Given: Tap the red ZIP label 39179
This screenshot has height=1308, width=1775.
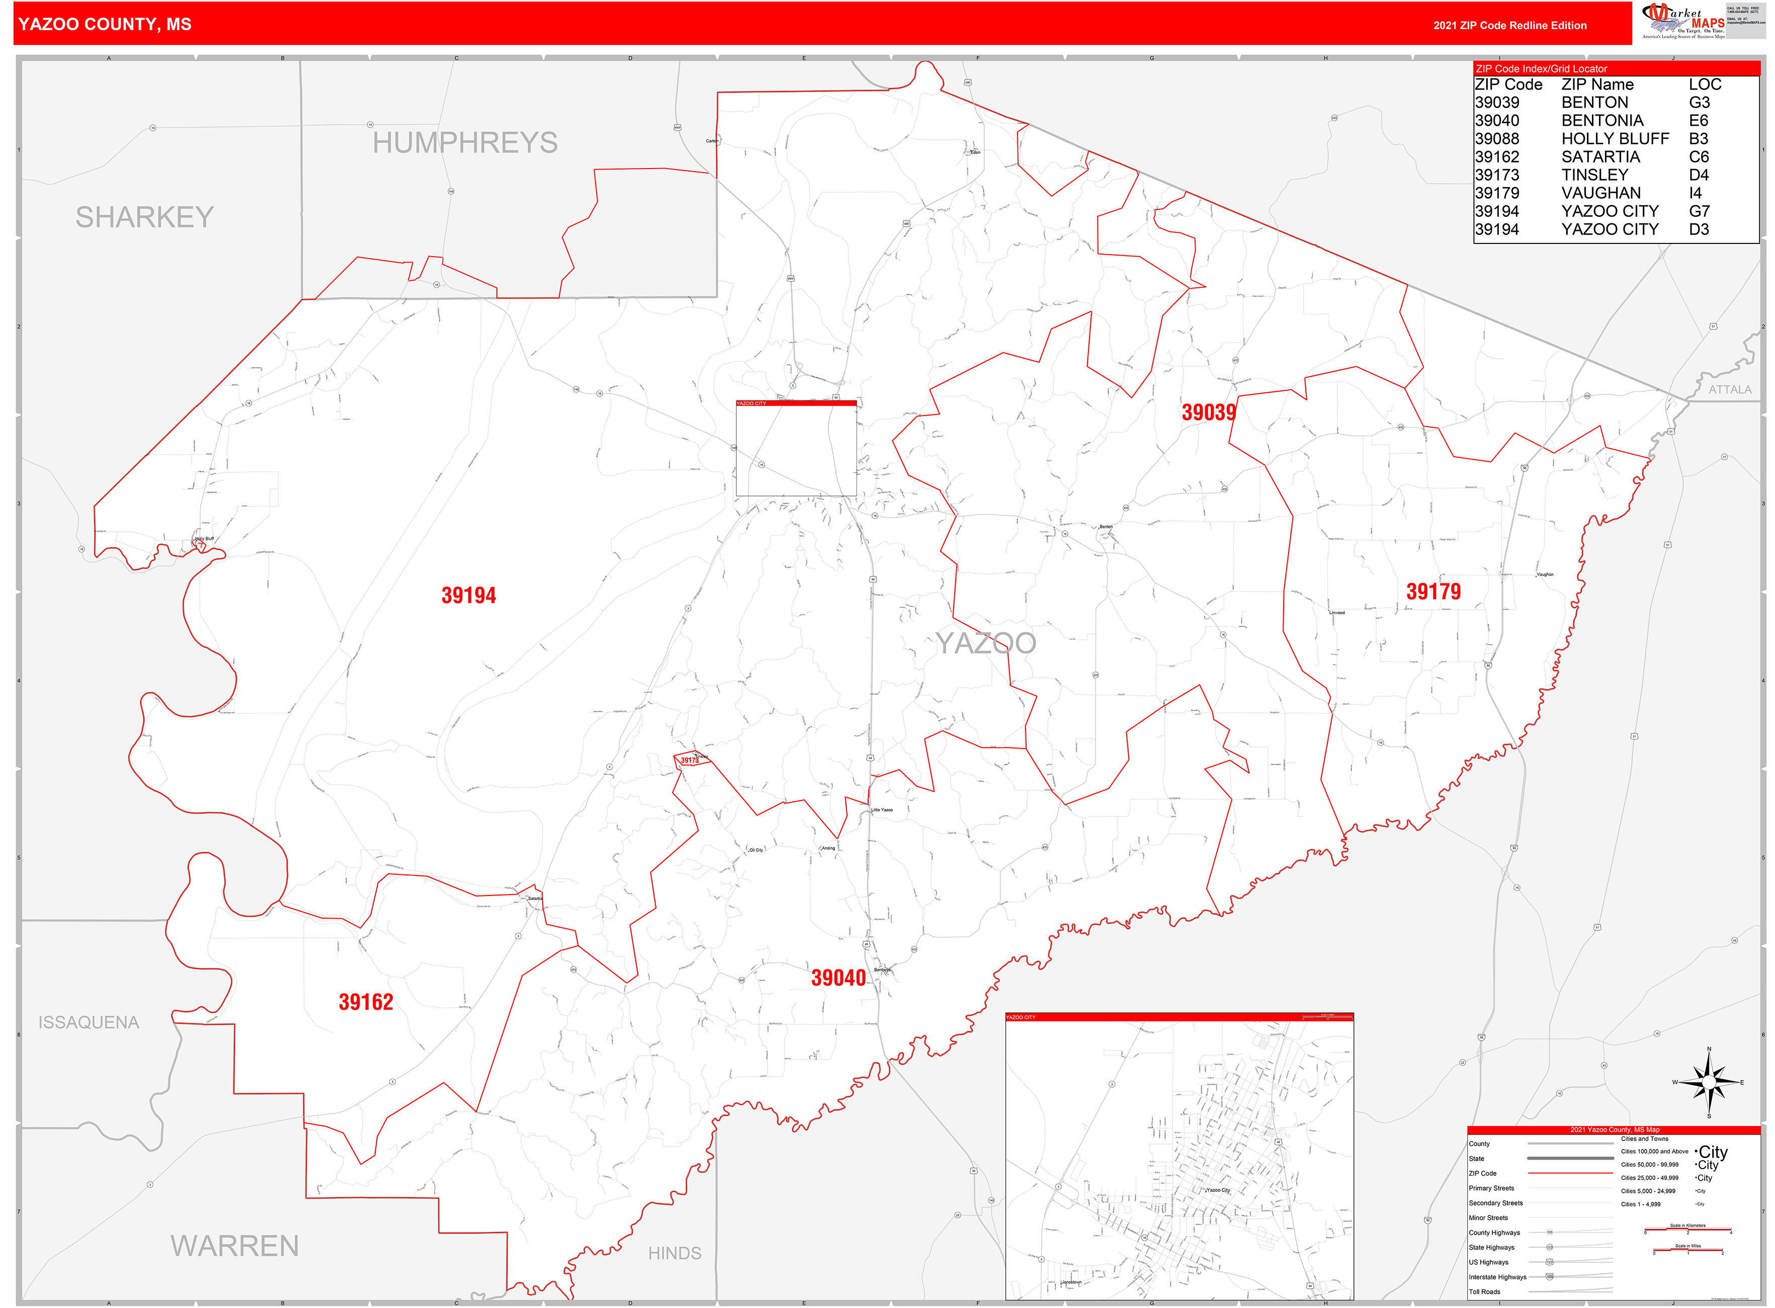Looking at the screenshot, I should tap(1433, 592).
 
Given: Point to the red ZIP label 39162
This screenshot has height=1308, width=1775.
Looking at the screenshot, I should tap(366, 1002).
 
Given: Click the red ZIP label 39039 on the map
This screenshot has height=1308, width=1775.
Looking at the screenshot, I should tap(1208, 413).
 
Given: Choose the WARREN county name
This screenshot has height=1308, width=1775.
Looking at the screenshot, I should tap(234, 1246).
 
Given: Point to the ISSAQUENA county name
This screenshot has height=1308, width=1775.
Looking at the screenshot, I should tap(89, 1022).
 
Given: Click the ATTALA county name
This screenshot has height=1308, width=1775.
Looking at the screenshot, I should tap(1729, 389).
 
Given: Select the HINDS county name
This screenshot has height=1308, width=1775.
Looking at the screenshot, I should tap(674, 1253).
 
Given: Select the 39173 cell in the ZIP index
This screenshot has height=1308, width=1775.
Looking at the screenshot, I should tap(1496, 175).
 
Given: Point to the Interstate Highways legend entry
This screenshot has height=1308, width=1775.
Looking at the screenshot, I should tap(1497, 1277).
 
